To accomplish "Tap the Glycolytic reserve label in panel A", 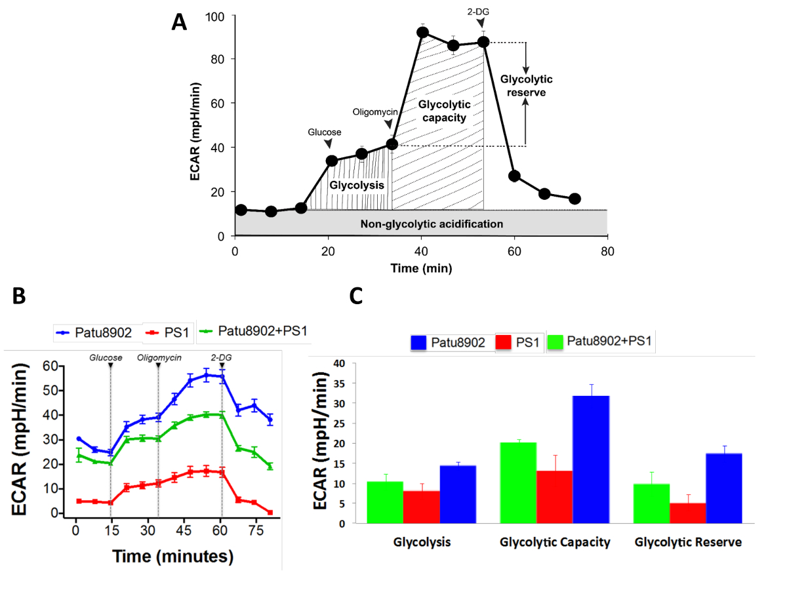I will (x=526, y=86).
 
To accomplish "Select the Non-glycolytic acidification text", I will (x=432, y=224).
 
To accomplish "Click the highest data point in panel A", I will (x=423, y=31).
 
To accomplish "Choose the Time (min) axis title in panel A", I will (x=421, y=267).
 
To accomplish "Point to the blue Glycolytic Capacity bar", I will (x=591, y=459).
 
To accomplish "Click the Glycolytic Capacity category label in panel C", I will (x=554, y=543).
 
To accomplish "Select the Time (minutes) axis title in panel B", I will (x=172, y=557).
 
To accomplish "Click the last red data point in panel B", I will (x=270, y=512).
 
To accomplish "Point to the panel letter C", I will (x=356, y=297).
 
